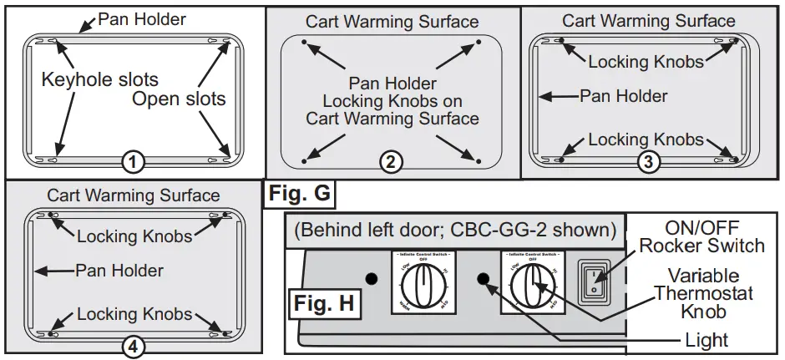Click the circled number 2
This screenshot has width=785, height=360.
pos(389,163)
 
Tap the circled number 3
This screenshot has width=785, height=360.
pos(645,163)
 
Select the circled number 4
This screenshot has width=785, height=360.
pos(132,345)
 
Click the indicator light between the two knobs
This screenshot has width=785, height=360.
pos(482,277)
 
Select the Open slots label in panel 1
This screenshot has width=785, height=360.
pos(179,99)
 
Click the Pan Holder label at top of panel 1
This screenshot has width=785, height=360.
pos(141,18)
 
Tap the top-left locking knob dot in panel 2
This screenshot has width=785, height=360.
pos(303,41)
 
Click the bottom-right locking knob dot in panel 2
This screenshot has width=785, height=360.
pos(477,158)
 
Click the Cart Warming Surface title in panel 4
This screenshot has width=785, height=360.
pos(133,196)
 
